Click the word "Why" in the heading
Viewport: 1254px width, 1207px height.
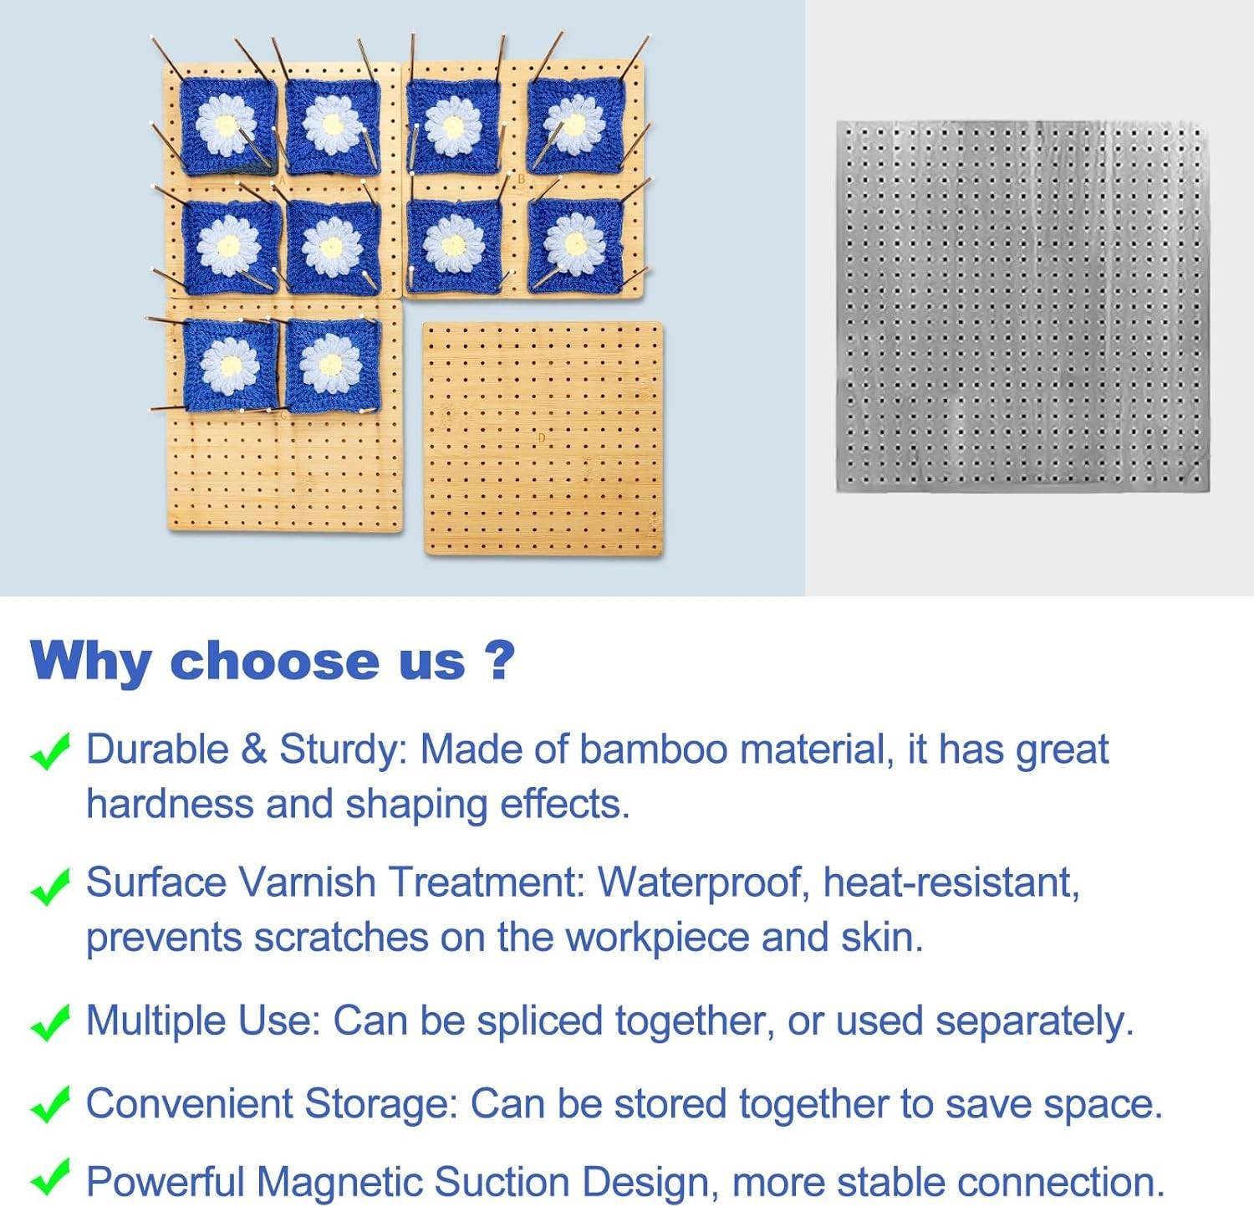pos(90,661)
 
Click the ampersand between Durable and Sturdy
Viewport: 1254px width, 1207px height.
pos(253,749)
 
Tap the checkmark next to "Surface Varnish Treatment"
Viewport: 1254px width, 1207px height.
pos(49,886)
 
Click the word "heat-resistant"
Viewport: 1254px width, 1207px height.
pos(951,882)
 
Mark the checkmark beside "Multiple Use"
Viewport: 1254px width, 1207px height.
pos(49,1023)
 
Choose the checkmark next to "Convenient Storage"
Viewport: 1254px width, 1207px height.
pos(49,1106)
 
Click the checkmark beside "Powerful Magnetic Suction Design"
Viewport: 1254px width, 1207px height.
pos(49,1179)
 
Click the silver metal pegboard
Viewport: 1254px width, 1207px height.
pos(1023,306)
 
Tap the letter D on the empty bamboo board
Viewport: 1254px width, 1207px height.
pos(542,438)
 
